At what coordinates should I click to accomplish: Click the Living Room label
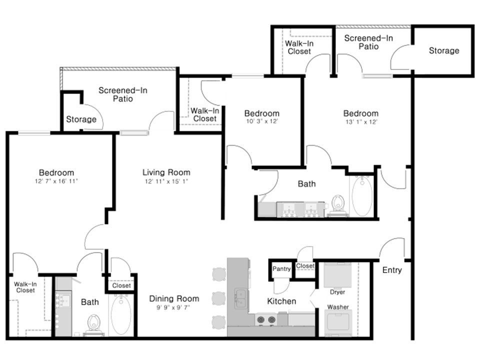pos(166,172)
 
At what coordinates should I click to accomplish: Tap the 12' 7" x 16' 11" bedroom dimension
pos(56,181)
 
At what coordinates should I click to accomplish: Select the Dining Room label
pos(174,298)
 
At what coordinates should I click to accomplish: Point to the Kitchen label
pos(281,301)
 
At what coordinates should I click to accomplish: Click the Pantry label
pos(281,269)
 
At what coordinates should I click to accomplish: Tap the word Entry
pos(392,270)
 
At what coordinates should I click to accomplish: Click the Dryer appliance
pos(337,275)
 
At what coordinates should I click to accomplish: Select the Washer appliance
pos(338,323)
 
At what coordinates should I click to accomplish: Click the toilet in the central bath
pos(338,205)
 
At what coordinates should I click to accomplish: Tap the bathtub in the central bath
pos(362,195)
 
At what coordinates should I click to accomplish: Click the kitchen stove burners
pos(266,320)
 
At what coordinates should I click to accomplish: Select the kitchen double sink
pos(241,298)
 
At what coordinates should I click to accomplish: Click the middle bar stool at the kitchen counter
pos(219,298)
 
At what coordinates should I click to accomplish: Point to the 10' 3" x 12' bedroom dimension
pos(262,121)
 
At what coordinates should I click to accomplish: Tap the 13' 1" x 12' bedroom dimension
pos(361,122)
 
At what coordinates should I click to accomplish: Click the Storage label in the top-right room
pos(444,50)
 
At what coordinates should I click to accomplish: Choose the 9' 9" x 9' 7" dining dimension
pos(173,307)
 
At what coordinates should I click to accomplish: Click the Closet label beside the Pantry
pos(305,265)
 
